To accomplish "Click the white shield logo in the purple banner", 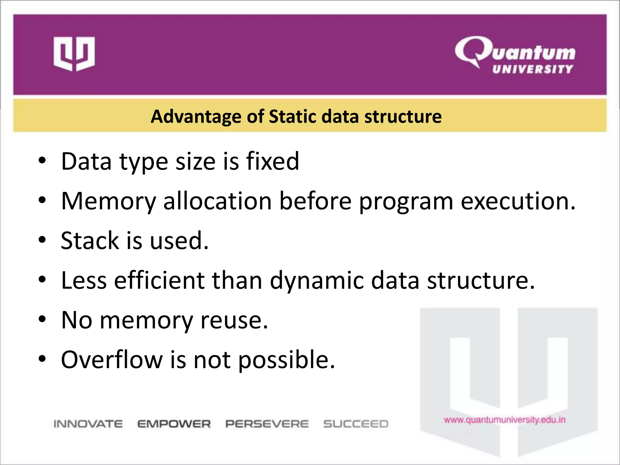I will (74, 54).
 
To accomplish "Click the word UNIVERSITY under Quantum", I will (533, 69).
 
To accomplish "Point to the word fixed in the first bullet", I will (272, 161).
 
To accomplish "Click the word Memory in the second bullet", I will (109, 201).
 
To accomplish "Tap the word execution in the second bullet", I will (517, 201).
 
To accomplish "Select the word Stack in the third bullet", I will (90, 241).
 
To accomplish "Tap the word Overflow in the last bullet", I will (112, 360).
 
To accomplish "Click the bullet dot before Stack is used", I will (42, 240).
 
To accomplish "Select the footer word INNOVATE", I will (88, 424).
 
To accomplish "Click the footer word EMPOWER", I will (174, 424).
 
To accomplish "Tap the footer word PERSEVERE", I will (267, 424).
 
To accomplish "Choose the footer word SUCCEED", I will (356, 424).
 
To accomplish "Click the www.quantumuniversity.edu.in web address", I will (505, 420).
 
